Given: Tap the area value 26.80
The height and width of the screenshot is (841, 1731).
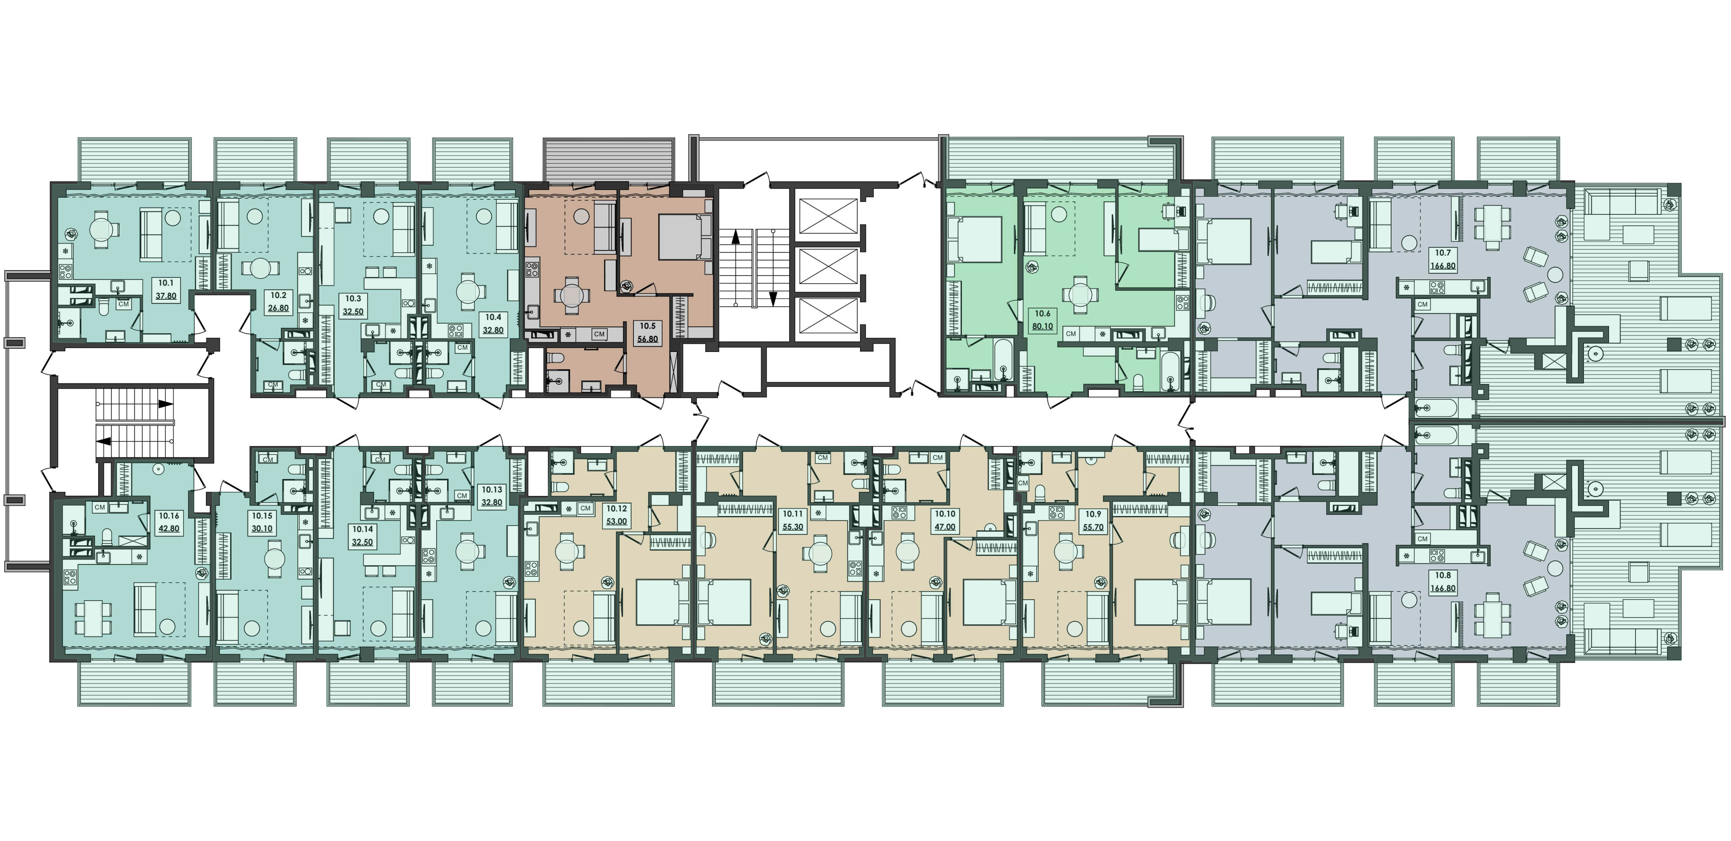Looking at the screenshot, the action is [x=278, y=308].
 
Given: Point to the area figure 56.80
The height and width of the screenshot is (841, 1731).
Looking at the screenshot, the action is [x=647, y=339].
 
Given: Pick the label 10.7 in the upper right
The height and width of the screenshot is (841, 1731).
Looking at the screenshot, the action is [x=1443, y=253].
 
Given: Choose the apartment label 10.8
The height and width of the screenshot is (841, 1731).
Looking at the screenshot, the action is [x=1443, y=575].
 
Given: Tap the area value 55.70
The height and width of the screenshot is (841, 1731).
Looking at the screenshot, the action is [x=1093, y=527].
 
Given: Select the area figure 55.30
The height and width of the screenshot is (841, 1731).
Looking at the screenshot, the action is [x=793, y=527].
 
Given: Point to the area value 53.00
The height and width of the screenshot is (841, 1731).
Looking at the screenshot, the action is [x=616, y=521].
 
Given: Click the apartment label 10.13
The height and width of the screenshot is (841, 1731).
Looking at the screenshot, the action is [x=492, y=490].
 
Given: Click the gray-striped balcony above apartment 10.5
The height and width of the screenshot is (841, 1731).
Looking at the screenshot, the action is [x=608, y=161].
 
